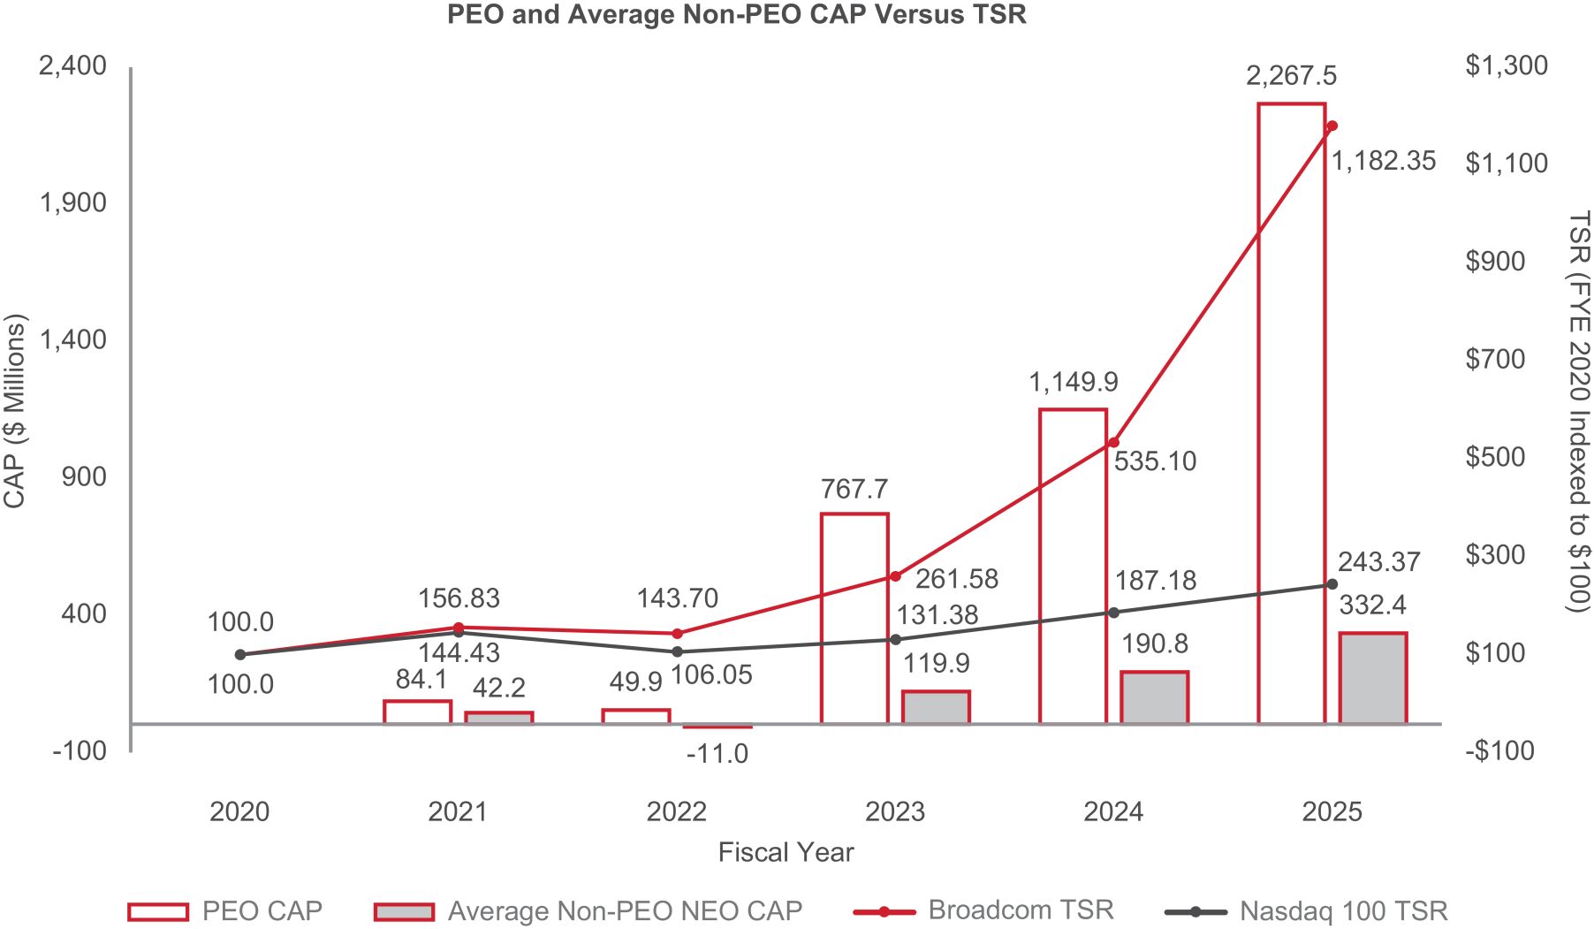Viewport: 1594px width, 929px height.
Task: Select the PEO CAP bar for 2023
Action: pos(854,618)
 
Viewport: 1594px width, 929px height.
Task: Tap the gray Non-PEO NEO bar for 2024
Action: pos(1154,697)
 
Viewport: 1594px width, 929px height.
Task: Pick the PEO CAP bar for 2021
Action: pos(417,712)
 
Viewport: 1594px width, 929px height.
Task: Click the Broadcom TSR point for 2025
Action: pos(1332,126)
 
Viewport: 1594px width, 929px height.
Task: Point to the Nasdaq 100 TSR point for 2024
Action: pos(1113,613)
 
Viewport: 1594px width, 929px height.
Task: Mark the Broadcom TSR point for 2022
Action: pos(677,633)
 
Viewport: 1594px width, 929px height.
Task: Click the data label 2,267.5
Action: pos(1291,76)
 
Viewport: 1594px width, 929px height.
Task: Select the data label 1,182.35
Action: pos(1383,161)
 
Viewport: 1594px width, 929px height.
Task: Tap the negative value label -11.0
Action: pos(717,754)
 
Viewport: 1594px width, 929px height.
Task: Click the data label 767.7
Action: pos(854,489)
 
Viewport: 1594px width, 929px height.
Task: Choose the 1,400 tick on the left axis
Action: pos(72,339)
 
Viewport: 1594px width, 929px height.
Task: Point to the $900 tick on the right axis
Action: pos(1494,261)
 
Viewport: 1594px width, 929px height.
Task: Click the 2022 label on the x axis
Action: pos(676,811)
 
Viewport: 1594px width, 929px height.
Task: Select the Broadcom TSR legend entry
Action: pos(983,910)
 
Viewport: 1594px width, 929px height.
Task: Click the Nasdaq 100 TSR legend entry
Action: pos(1306,910)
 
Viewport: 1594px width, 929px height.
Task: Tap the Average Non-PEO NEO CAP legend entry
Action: pos(588,910)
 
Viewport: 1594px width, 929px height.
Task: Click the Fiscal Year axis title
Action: pos(786,852)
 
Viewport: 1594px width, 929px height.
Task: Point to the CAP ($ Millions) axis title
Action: pos(15,411)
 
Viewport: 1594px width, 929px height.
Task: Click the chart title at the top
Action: pos(736,15)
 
